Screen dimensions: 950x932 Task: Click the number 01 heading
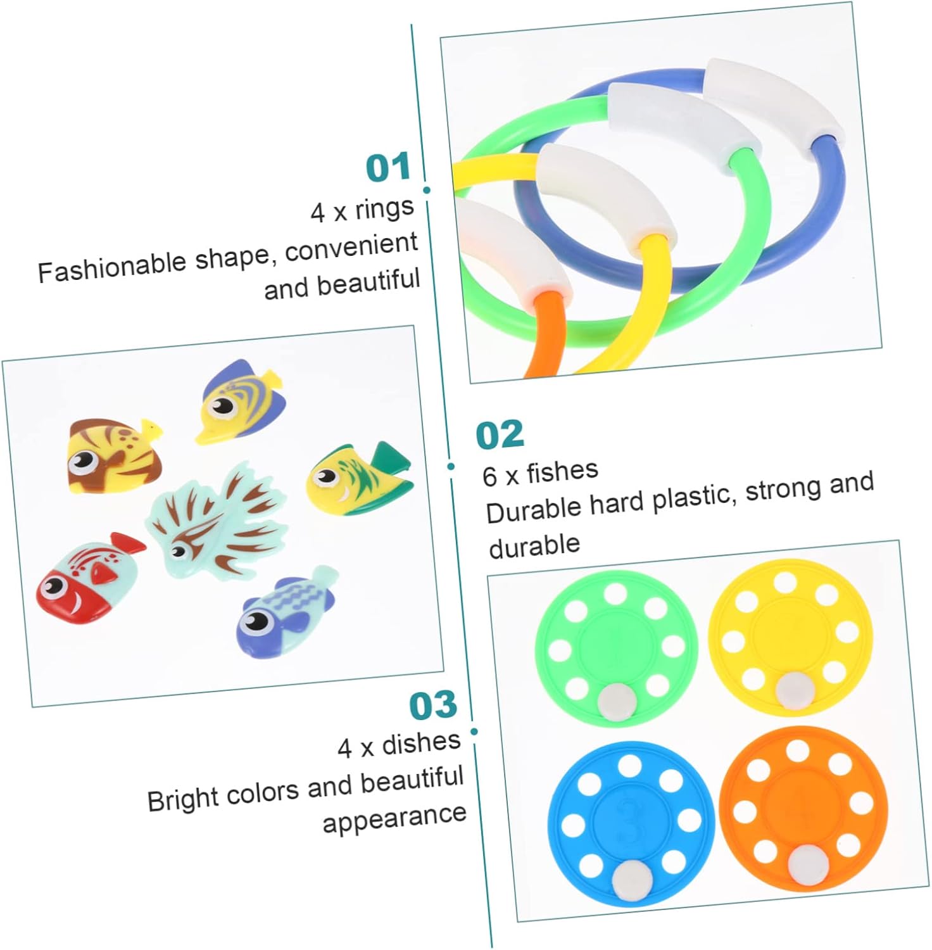tap(388, 168)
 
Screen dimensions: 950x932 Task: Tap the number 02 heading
tap(500, 434)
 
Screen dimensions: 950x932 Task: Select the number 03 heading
tap(433, 705)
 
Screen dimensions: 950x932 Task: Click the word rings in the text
tap(384, 208)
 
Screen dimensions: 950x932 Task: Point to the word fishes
tap(562, 471)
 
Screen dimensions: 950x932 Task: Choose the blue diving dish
tap(629, 821)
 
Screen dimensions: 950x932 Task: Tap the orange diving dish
tap(802, 806)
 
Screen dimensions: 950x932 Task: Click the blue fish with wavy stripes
tap(287, 611)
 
